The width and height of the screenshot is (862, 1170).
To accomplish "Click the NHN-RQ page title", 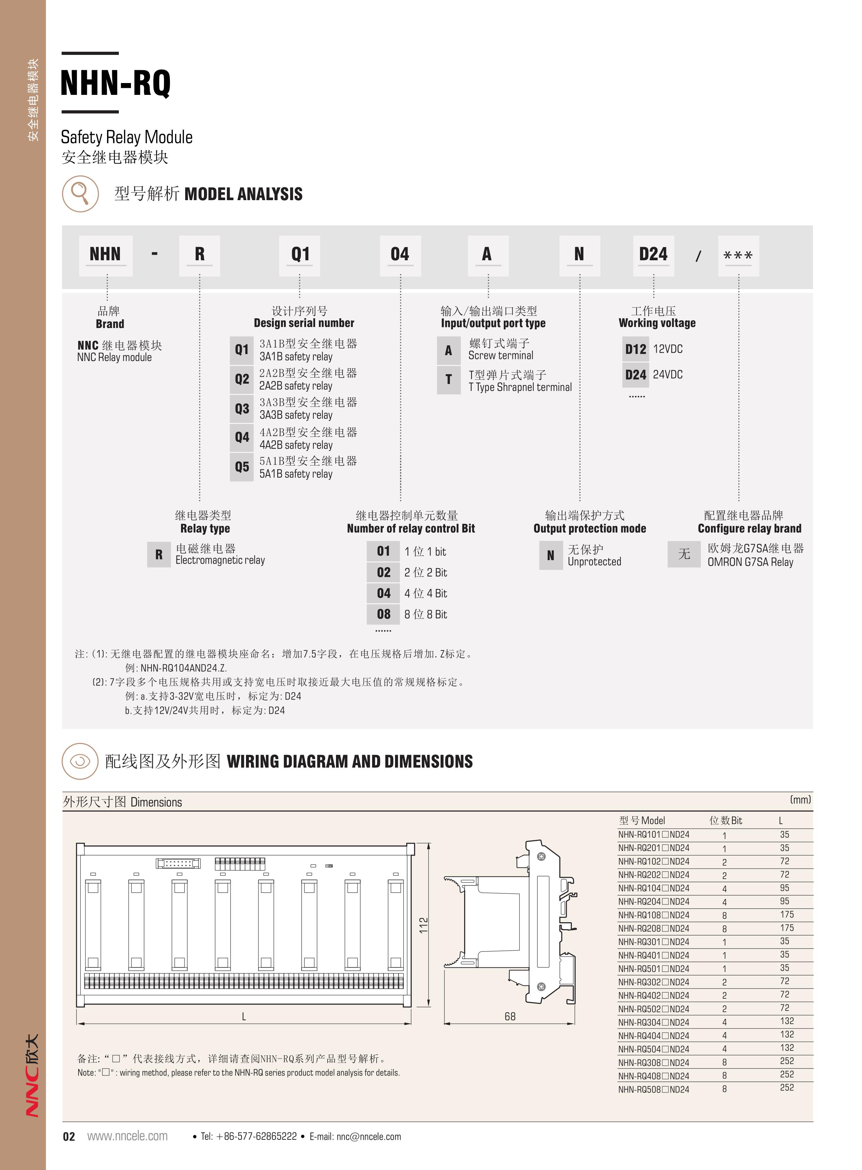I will (x=115, y=82).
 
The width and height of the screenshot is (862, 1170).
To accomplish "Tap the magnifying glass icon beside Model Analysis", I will (x=80, y=194).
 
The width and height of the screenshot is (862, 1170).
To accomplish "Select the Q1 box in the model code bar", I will (x=300, y=255).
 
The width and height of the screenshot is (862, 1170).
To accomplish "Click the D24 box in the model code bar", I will (x=653, y=255).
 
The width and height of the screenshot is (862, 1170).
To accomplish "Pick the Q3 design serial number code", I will (x=241, y=409).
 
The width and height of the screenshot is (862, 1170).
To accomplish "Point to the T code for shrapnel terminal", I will (x=448, y=379).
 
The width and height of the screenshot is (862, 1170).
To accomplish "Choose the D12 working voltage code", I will (x=635, y=349).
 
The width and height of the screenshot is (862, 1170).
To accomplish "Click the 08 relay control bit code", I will (x=384, y=614).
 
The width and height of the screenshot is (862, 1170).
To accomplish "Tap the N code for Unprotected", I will (x=550, y=556).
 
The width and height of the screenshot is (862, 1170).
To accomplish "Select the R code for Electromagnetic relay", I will (x=159, y=555).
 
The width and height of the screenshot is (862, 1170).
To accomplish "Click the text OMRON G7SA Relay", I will (x=750, y=562).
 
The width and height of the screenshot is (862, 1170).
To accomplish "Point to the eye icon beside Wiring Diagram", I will (x=80, y=761).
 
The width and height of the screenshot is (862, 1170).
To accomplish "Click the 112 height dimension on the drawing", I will (x=423, y=925).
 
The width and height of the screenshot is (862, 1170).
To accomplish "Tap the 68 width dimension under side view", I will (x=510, y=1016).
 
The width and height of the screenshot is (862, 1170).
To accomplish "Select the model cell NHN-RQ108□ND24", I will (x=653, y=915).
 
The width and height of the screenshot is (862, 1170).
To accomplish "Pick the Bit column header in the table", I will (x=725, y=820).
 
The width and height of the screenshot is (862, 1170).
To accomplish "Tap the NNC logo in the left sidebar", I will (x=32, y=1076).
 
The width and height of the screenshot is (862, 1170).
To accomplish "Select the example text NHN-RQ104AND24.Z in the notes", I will (x=183, y=668).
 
